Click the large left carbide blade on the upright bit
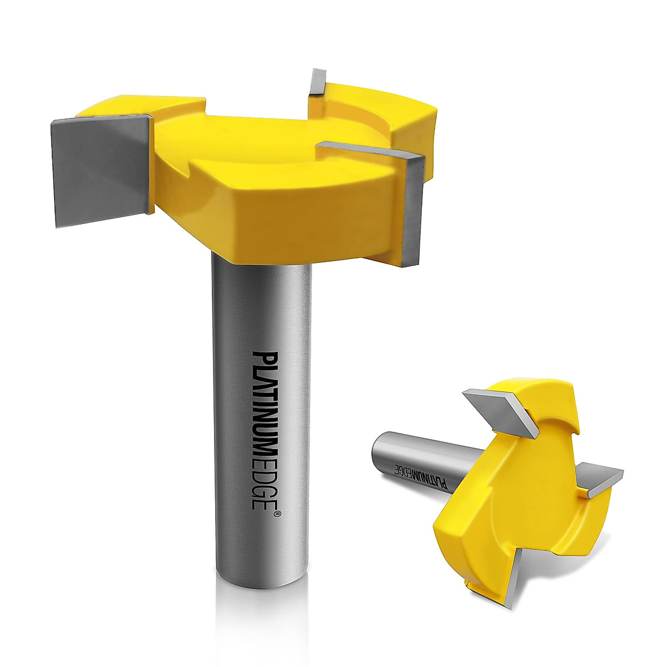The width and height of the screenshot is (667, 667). coord(100,167)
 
